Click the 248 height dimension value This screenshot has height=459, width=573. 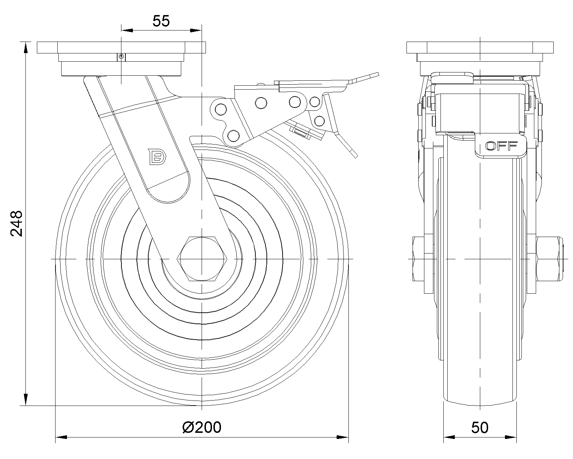tap(16, 223)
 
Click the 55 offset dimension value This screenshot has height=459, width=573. tap(161, 22)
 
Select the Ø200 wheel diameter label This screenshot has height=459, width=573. tap(202, 427)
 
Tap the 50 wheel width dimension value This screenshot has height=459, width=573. tap(480, 427)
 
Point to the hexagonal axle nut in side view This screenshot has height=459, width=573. tap(202, 259)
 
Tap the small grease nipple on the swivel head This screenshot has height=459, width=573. tap(121, 56)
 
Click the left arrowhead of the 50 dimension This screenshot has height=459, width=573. tap(449, 437)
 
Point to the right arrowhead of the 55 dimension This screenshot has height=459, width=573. tap(196, 30)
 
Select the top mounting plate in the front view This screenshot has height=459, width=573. tap(480, 47)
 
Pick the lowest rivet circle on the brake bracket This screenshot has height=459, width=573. tap(233, 136)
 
